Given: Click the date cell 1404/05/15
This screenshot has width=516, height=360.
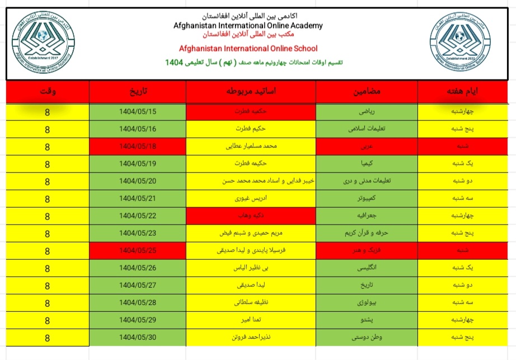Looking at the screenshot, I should pos(138,111).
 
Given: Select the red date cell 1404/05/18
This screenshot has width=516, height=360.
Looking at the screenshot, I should pos(138,147).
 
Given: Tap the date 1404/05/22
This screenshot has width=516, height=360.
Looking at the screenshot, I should pos(138,216).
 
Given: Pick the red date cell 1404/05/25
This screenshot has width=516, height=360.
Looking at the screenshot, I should pos(138,250).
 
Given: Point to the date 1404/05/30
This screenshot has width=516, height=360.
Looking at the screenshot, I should pos(138,338).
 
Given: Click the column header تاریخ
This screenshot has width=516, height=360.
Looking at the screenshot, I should pos(138,91).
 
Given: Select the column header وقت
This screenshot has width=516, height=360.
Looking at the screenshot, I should pos(48,91).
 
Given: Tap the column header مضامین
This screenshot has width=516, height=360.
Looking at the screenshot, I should pos(367,91).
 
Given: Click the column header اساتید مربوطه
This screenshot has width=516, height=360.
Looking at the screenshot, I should pos(251,91).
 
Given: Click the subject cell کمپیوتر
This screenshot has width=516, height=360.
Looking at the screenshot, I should pos(367,199).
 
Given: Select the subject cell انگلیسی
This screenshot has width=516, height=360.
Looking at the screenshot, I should pos(367,268).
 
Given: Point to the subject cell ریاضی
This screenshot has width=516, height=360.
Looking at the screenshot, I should pos(367,111).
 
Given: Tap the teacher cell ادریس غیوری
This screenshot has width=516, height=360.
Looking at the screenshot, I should pos(251,199).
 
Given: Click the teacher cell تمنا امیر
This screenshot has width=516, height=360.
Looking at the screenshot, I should pos(251,320).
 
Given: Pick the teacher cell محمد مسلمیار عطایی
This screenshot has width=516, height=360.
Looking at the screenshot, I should pos(251,147).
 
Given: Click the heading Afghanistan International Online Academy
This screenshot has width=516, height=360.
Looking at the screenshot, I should pos(248,25).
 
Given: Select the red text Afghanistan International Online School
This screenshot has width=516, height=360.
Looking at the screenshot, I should pos(248,48).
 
